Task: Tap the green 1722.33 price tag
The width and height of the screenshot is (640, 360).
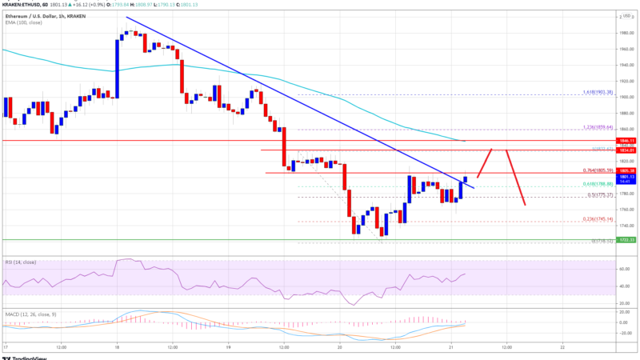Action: point(626,239)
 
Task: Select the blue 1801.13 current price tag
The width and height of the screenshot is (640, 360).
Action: point(626,177)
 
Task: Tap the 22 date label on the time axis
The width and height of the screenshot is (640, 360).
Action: point(563,348)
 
